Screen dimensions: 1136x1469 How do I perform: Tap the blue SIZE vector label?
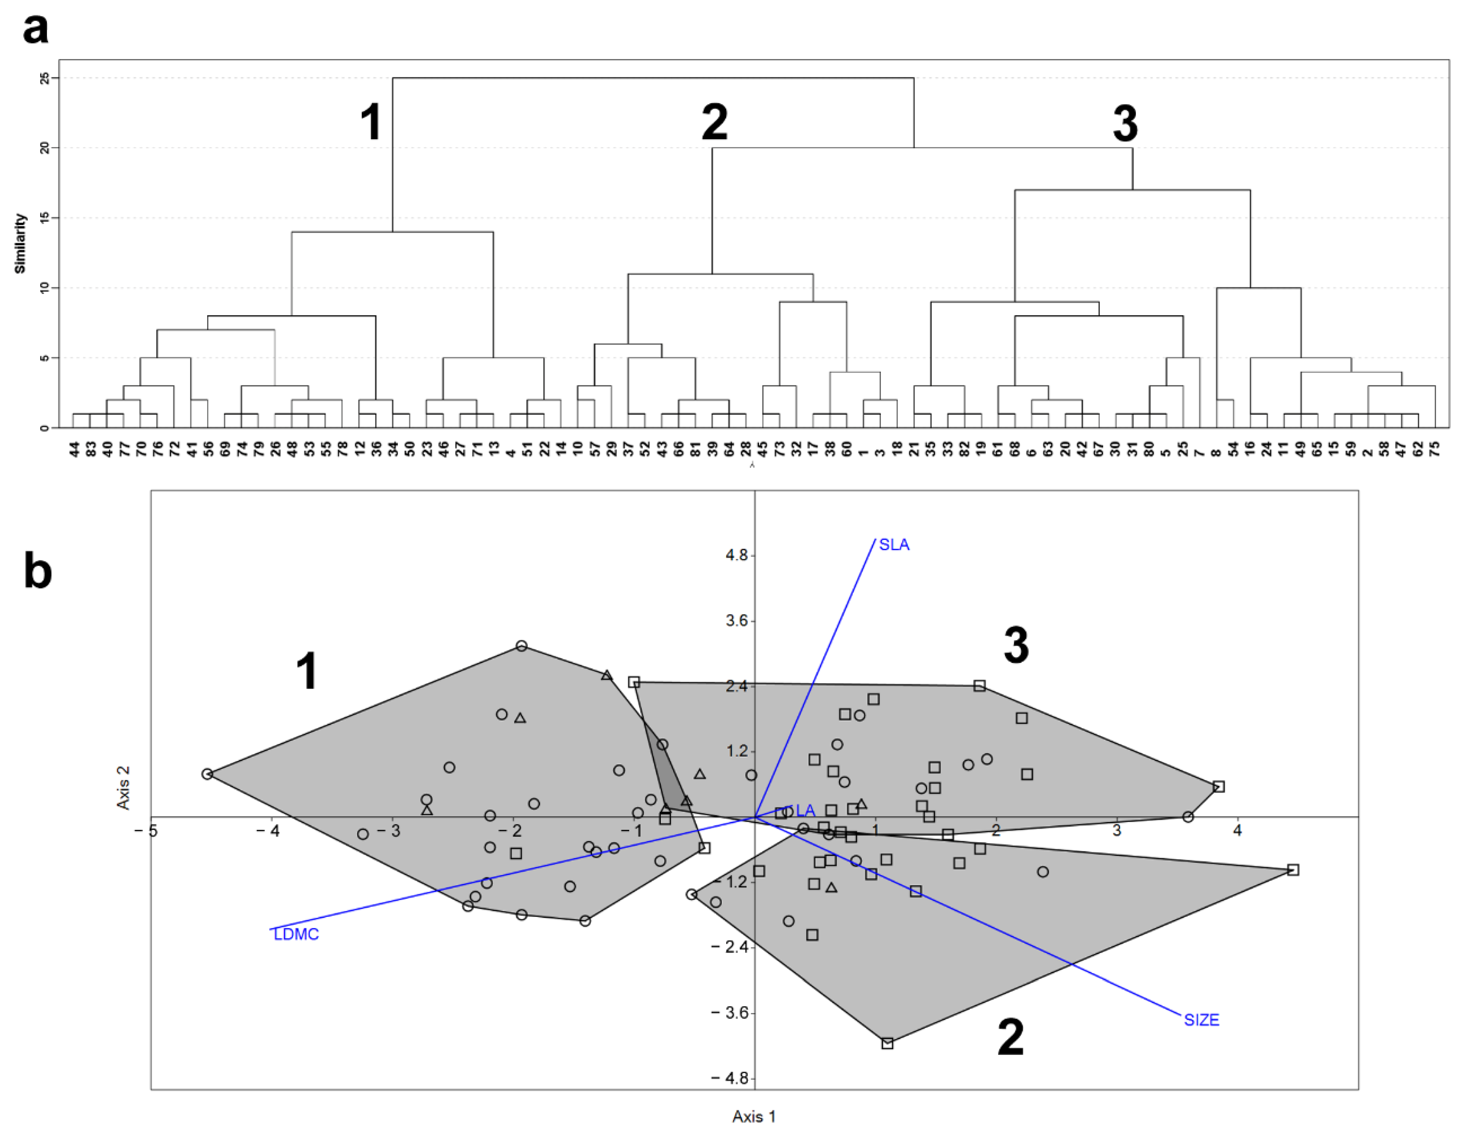click(x=1201, y=1020)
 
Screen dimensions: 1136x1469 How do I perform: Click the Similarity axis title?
click(x=20, y=244)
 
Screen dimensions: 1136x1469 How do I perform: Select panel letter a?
click(x=35, y=28)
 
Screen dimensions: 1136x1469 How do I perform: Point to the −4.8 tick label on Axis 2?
click(x=730, y=1078)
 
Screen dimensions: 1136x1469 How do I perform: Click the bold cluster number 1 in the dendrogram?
click(x=371, y=122)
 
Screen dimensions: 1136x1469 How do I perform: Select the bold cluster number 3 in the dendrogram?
click(x=1125, y=124)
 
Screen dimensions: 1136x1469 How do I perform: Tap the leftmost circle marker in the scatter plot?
click(x=207, y=774)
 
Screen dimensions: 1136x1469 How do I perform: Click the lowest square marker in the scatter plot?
click(x=887, y=1043)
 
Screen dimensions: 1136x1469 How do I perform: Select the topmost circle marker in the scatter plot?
click(x=521, y=646)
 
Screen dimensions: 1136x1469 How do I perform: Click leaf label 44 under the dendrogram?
click(x=74, y=449)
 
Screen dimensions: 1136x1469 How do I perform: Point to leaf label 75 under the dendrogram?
click(x=1435, y=449)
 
